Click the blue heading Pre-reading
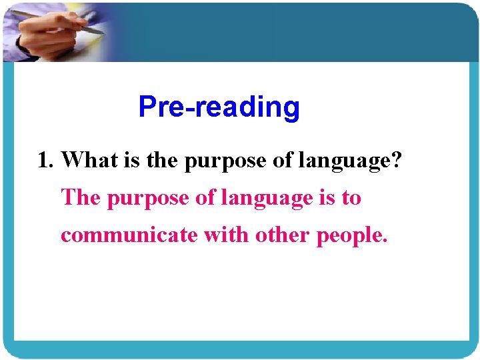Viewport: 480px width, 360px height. point(219,107)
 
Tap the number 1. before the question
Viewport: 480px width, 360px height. point(47,160)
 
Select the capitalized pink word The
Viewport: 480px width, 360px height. point(81,198)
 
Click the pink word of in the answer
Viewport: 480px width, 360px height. point(198,198)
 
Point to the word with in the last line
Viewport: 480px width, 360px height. point(226,235)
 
